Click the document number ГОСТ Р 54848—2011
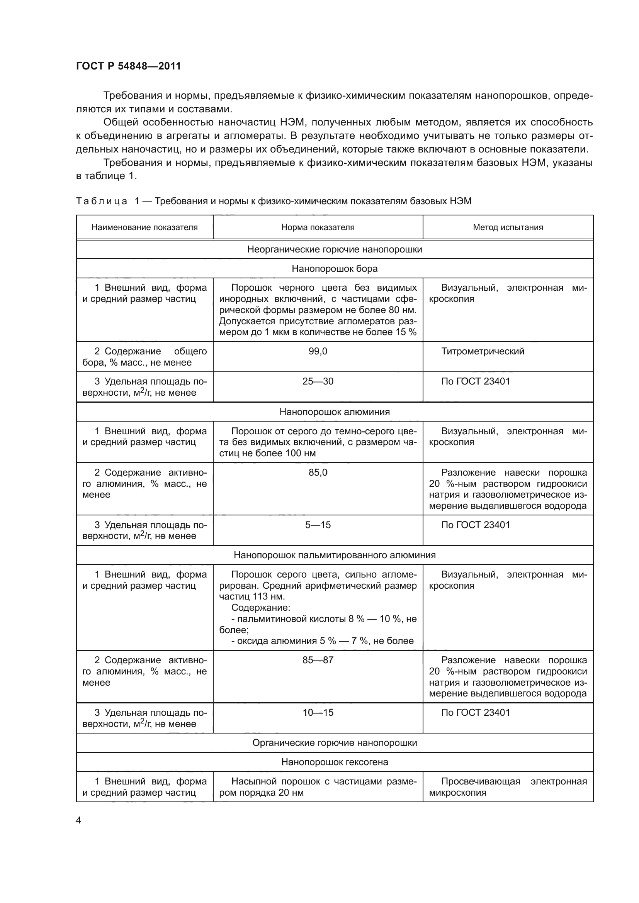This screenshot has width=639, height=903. [x=128, y=66]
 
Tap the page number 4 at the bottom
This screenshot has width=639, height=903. [x=78, y=820]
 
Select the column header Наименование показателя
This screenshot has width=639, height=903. [x=144, y=227]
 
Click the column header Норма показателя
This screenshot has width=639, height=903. [x=318, y=227]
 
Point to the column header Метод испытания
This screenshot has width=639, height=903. [x=508, y=227]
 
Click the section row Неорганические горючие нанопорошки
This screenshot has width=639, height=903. [x=335, y=249]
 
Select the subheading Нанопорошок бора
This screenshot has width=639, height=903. [x=335, y=269]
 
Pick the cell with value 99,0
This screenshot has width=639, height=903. [x=318, y=351]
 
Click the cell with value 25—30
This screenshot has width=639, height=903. [x=318, y=381]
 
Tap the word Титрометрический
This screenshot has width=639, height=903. [x=483, y=351]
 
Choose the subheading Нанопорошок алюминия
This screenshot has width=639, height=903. [x=335, y=412]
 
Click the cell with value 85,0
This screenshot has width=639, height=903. [x=318, y=472]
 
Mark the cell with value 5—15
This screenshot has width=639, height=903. [x=318, y=525]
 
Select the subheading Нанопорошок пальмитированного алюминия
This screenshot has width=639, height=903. [x=335, y=555]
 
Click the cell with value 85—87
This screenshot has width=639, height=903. [x=318, y=660]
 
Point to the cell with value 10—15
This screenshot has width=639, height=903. [x=318, y=712]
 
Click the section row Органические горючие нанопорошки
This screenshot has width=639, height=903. [x=335, y=742]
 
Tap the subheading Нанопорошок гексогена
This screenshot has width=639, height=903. [x=335, y=762]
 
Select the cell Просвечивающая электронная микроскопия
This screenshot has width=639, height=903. [x=508, y=786]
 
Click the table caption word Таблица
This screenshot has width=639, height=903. [x=102, y=202]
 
